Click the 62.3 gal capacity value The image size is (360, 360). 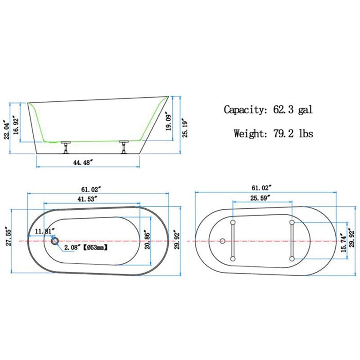point(293,109)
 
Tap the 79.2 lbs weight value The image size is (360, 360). point(293,133)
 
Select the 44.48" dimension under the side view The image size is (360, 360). point(83,162)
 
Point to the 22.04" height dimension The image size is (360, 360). point(7,131)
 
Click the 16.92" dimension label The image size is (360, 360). point(16,126)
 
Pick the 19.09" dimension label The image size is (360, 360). point(169,121)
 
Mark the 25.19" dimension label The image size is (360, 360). point(185,128)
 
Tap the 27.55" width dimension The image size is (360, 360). point(9,238)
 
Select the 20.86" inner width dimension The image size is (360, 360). point(147,240)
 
